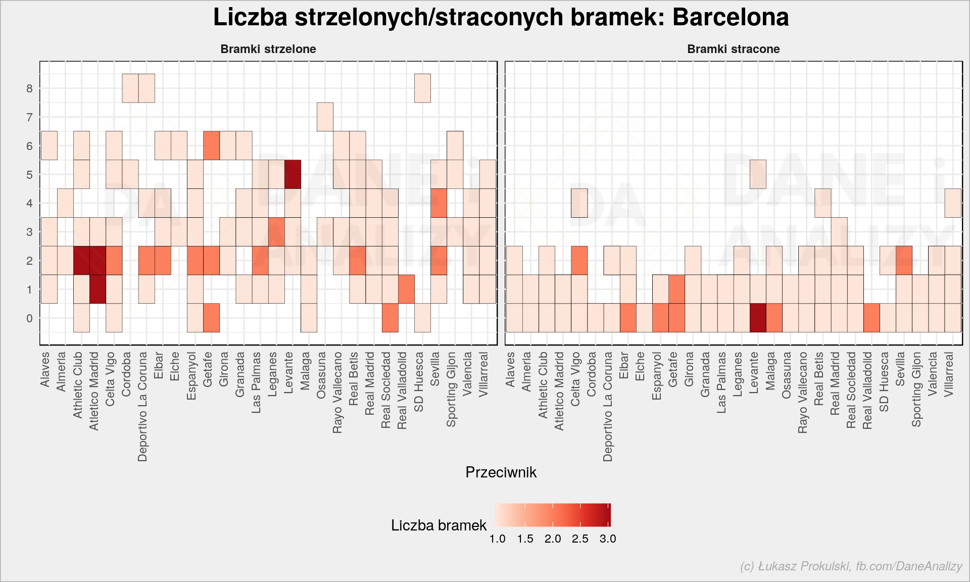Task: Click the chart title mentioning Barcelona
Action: pos(501,17)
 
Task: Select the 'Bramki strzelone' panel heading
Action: pos(268,49)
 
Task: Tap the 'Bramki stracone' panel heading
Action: pos(734,49)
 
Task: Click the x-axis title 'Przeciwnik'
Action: pos(501,472)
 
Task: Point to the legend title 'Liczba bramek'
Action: pos(439,525)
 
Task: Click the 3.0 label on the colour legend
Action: pos(608,539)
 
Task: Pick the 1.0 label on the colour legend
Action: pos(498,539)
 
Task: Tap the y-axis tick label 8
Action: pos(29,88)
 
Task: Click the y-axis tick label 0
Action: pos(29,318)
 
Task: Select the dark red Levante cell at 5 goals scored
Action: pos(293,174)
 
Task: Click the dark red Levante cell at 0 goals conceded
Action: pos(758,318)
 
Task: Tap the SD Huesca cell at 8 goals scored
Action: pos(423,88)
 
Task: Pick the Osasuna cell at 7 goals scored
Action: pos(325,117)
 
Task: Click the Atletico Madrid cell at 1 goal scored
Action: pos(98,289)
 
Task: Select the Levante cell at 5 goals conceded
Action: pos(758,174)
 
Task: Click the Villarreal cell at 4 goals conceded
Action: pos(953,203)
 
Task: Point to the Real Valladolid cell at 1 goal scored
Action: pos(406,289)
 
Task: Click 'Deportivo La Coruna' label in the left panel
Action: pos(142,407)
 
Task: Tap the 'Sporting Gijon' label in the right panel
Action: pos(917,389)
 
